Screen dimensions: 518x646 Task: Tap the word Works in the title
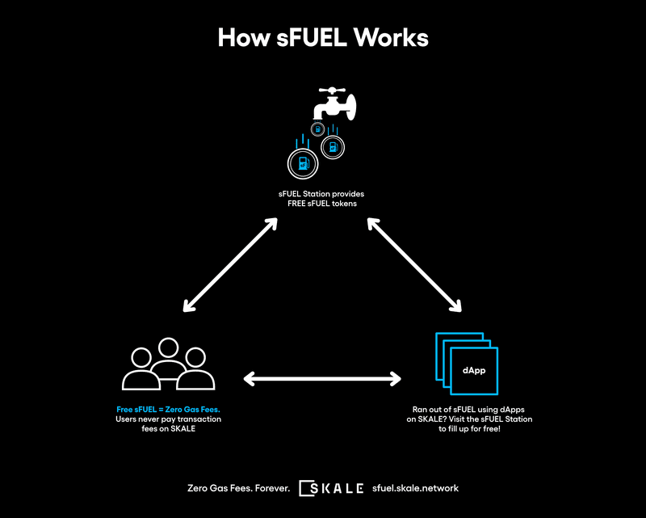pos(396,38)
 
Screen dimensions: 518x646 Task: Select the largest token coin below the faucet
pos(301,164)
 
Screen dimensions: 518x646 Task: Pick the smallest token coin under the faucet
pos(319,129)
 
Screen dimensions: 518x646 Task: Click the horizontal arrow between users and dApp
pos(322,377)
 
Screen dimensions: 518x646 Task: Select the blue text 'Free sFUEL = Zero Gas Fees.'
pos(168,410)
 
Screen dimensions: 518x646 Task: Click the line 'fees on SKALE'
pos(168,429)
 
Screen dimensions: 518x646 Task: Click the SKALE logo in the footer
pos(331,488)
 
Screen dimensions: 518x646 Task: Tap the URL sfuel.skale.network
pos(415,488)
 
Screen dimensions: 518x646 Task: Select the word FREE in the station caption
pos(300,203)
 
